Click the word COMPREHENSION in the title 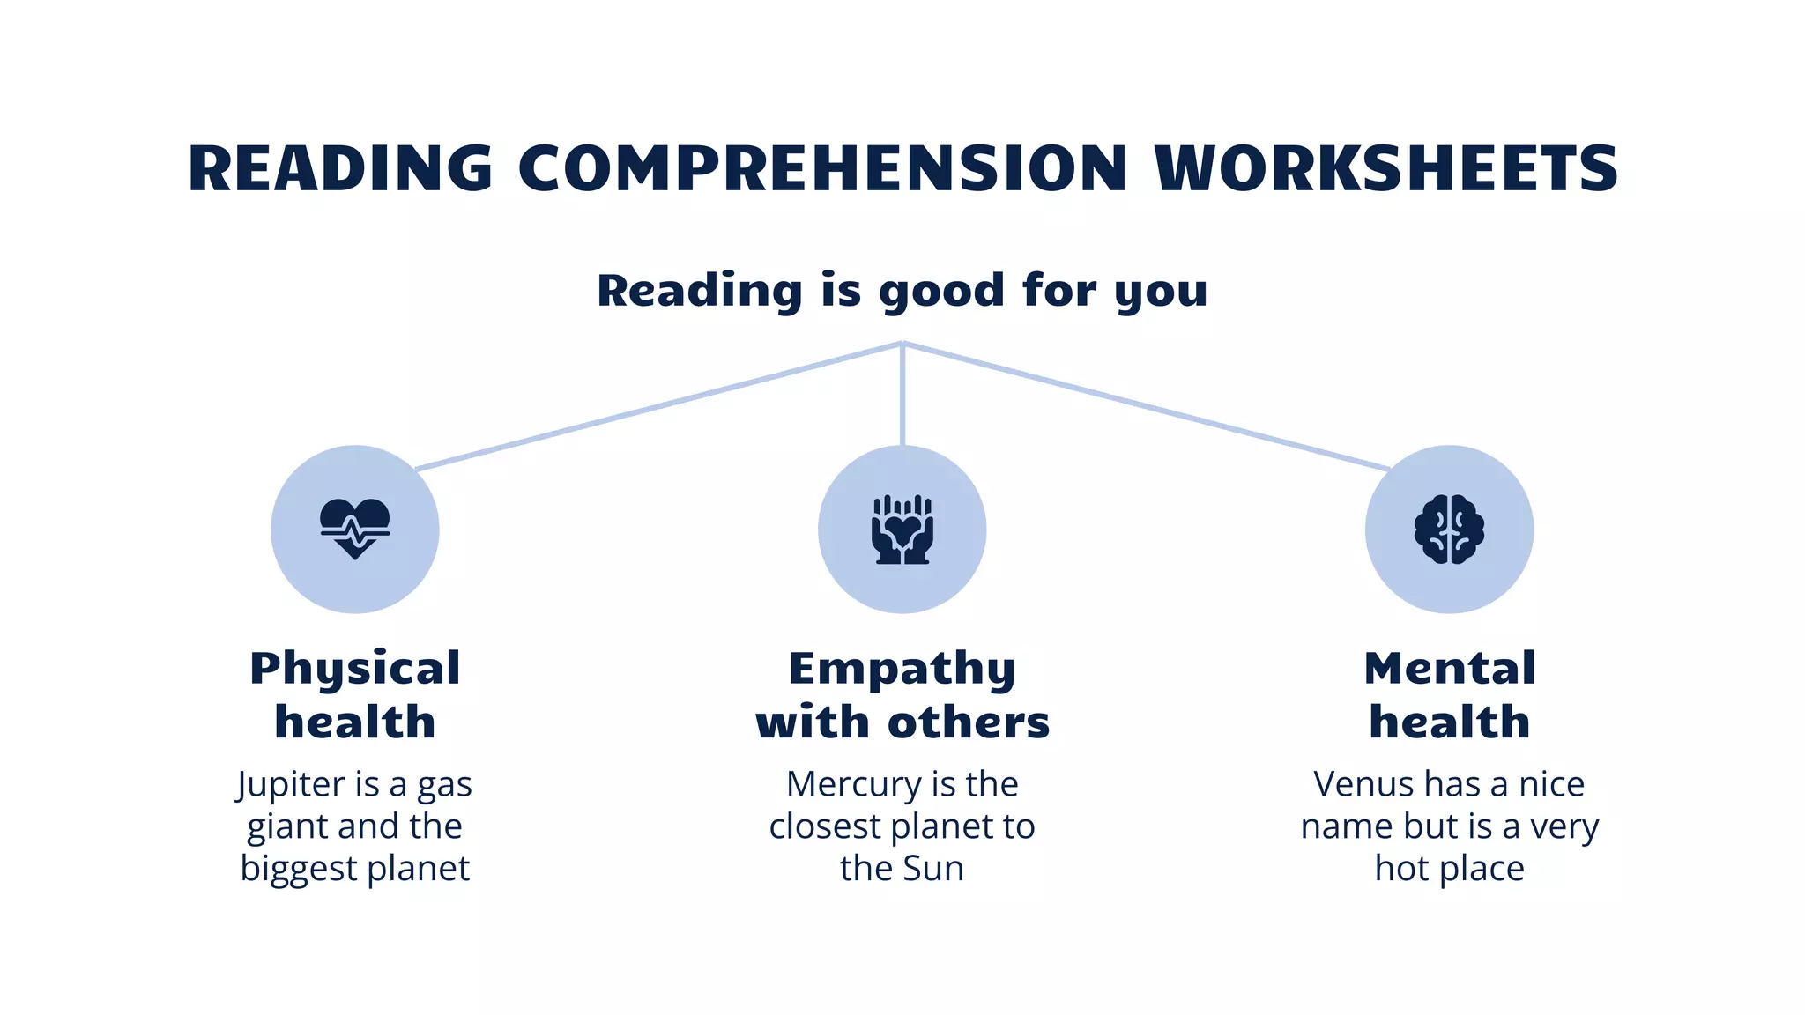(x=822, y=168)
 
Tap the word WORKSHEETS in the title (x=1386, y=168)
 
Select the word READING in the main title (x=340, y=168)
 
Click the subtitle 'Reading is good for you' (x=902, y=291)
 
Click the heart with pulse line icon (x=354, y=529)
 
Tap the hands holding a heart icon (x=902, y=530)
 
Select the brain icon (x=1449, y=530)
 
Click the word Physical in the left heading (x=355, y=669)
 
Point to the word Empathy (x=902, y=669)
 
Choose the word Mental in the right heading (x=1450, y=668)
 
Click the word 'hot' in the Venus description (x=1400, y=869)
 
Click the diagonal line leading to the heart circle (x=657, y=406)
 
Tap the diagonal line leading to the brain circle (x=1146, y=406)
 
